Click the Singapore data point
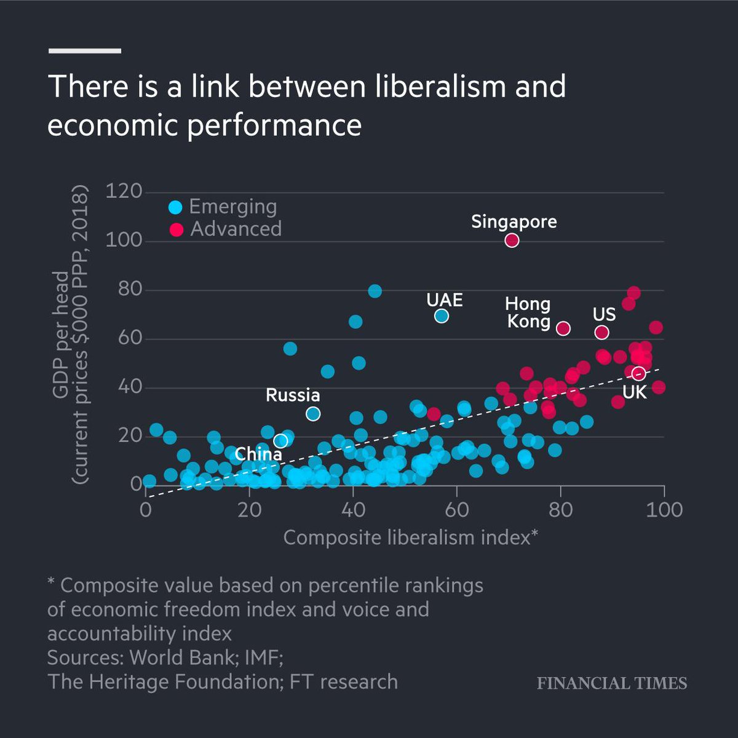pyautogui.click(x=512, y=240)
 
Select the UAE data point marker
pyautogui.click(x=441, y=316)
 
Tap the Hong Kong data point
pyautogui.click(x=563, y=328)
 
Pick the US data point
pyautogui.click(x=601, y=333)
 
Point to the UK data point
pyautogui.click(x=638, y=373)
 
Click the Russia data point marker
pyautogui.click(x=313, y=414)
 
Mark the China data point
pyautogui.click(x=280, y=441)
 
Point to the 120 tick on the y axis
pyautogui.click(x=124, y=192)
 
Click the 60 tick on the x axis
pyautogui.click(x=456, y=510)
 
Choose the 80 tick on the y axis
pyautogui.click(x=124, y=290)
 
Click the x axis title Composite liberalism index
pyautogui.click(x=410, y=538)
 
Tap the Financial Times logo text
pyautogui.click(x=612, y=683)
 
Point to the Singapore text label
pyautogui.click(x=514, y=221)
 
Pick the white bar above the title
pyautogui.click(x=84, y=51)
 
